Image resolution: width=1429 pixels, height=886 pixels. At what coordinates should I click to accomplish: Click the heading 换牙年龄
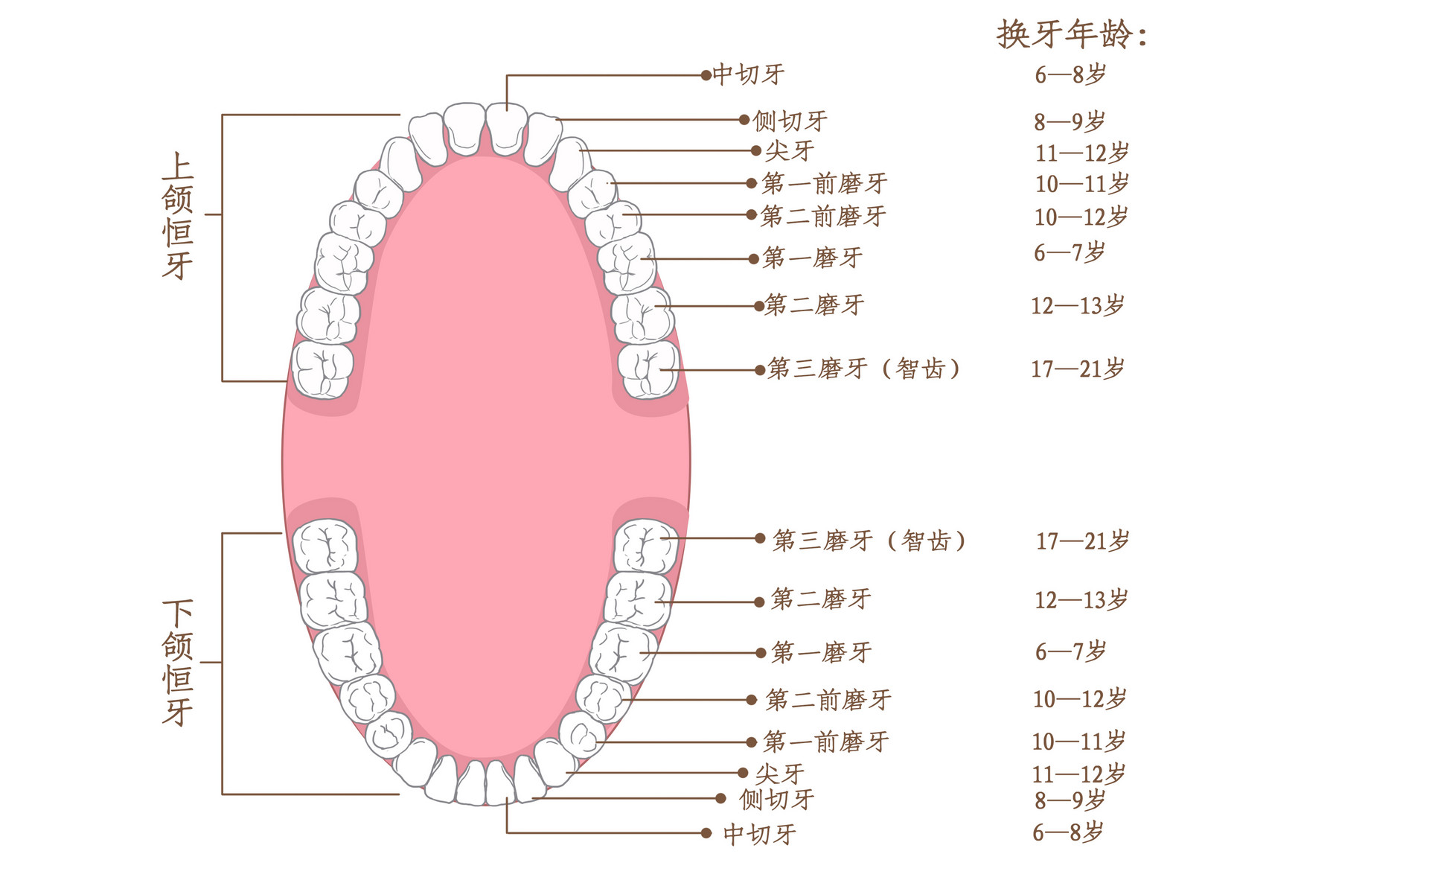(1072, 34)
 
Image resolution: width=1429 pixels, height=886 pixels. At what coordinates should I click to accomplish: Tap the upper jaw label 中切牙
(749, 74)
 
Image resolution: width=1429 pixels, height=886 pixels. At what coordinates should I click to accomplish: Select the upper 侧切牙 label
(790, 121)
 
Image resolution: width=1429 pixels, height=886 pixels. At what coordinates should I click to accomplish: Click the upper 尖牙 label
(790, 150)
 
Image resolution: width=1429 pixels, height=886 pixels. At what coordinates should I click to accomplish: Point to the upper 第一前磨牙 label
(825, 183)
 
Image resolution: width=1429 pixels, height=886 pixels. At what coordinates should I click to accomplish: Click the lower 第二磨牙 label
(821, 599)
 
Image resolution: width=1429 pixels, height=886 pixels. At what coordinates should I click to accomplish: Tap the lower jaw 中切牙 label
(760, 834)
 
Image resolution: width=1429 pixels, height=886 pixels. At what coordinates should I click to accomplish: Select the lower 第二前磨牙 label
(828, 700)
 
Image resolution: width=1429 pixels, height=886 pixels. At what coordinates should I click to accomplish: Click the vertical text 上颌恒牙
(178, 216)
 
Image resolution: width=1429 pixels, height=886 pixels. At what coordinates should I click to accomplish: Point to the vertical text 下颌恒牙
(178, 663)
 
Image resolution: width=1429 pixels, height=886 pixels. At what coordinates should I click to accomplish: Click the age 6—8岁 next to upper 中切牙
(1070, 74)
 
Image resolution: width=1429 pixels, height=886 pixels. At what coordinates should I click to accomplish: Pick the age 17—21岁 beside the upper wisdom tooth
(1077, 369)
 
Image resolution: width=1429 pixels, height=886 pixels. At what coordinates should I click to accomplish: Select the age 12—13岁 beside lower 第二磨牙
(1081, 599)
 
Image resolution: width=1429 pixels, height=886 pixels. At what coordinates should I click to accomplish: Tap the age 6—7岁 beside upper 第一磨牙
(1070, 252)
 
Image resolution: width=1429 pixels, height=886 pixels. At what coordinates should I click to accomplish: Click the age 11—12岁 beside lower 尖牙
(1078, 774)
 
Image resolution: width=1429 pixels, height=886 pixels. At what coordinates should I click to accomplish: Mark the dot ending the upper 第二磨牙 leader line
(759, 305)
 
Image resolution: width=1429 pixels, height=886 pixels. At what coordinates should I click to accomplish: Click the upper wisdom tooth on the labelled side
(648, 370)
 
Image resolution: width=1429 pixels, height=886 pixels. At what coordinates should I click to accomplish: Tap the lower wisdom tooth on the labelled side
(646, 546)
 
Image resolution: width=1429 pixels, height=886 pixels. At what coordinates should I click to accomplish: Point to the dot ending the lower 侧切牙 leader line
(720, 798)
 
